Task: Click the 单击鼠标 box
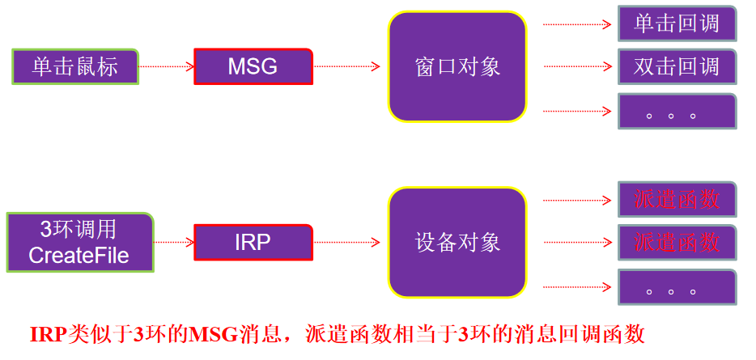coord(75,66)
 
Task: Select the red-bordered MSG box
coord(253,66)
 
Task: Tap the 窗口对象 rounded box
coord(457,66)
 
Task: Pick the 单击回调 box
coord(677,23)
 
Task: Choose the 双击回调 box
coord(677,66)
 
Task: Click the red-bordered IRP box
coord(253,242)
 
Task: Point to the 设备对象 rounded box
coord(457,242)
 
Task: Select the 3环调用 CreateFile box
coord(79,242)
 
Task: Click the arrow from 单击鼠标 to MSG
coord(166,66)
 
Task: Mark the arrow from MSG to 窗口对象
coord(346,66)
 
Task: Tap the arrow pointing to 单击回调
coord(576,24)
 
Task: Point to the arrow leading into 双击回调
coord(576,66)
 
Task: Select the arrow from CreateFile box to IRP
coord(173,242)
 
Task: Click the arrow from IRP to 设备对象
coord(346,242)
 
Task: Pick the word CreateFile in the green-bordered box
coord(79,256)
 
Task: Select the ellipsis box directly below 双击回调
coord(677,112)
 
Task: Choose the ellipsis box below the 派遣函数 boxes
coord(677,286)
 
